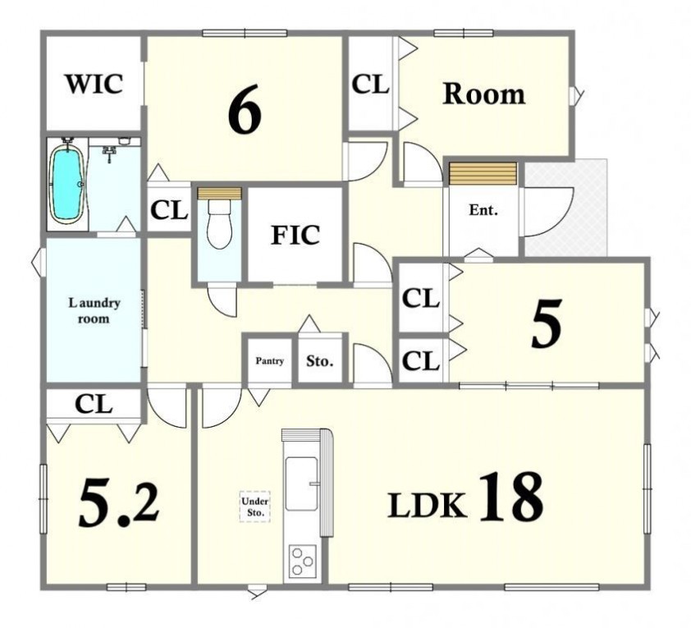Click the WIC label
(x=94, y=84)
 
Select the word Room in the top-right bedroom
(x=484, y=94)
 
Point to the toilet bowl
(x=219, y=223)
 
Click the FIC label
(x=295, y=235)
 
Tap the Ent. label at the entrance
(x=483, y=210)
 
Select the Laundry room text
(x=94, y=310)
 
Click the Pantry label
(x=270, y=361)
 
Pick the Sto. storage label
(x=320, y=361)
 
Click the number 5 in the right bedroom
(x=547, y=323)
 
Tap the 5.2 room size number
(x=118, y=503)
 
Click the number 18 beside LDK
(x=510, y=496)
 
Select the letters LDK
(x=427, y=505)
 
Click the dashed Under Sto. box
(x=255, y=507)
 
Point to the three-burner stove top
(x=302, y=561)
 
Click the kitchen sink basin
(x=302, y=484)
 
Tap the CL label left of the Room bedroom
(x=370, y=85)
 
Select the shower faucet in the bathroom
(x=109, y=154)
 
